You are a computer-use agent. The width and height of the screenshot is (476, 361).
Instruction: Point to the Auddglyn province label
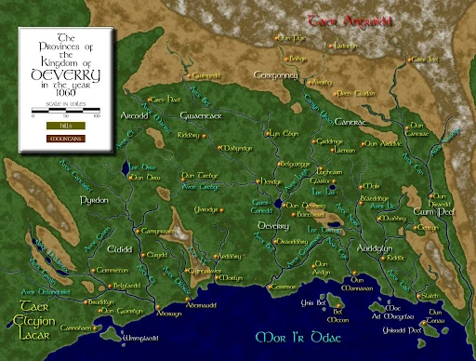[376, 250]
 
